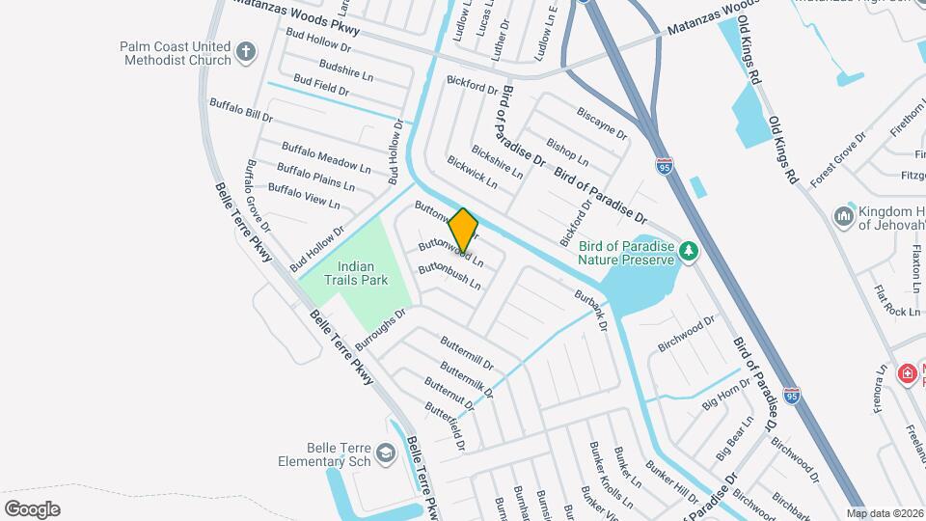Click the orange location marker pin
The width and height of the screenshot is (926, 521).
click(x=463, y=230)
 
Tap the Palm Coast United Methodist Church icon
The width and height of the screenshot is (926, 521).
click(x=246, y=52)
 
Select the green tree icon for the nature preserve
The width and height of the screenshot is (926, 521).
click(x=688, y=251)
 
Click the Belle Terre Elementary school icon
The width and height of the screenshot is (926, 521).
click(x=385, y=453)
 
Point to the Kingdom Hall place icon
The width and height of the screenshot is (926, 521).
click(x=845, y=215)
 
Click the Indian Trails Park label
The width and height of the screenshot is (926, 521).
click(x=362, y=273)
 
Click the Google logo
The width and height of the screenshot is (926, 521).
click(x=31, y=508)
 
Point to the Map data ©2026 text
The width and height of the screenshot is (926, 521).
click(x=885, y=513)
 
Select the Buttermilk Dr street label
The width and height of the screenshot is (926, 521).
click(x=467, y=380)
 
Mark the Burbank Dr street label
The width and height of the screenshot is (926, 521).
click(x=589, y=311)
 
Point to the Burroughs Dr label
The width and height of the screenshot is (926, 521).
click(x=380, y=329)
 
